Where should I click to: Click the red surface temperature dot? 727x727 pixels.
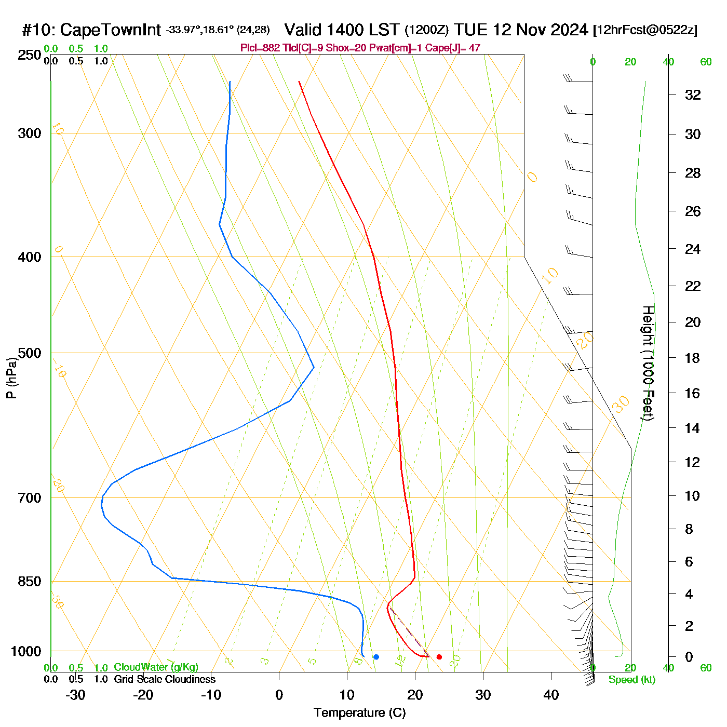coord(439,657)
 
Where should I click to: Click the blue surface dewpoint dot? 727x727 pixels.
coord(376,657)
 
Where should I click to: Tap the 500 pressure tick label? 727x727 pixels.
coord(30,353)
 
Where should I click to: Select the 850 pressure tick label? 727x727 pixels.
coord(30,582)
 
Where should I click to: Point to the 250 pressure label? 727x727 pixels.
coord(30,55)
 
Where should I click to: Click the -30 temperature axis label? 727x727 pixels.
coord(75,695)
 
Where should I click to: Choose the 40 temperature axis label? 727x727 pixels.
coord(551,695)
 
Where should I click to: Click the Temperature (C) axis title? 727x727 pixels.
coord(359,713)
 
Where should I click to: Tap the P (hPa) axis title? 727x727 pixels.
coord(11,378)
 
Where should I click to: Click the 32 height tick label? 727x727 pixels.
coord(693,95)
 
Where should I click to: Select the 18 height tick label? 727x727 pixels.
coord(693,358)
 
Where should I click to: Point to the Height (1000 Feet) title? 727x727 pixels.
coord(648,363)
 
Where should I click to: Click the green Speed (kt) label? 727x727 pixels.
coord(631,680)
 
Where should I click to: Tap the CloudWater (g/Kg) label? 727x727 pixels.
coord(156,667)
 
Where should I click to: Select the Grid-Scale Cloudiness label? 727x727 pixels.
coord(165,679)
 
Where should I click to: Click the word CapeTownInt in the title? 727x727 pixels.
coord(111,30)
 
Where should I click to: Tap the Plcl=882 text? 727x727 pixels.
coord(260,48)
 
